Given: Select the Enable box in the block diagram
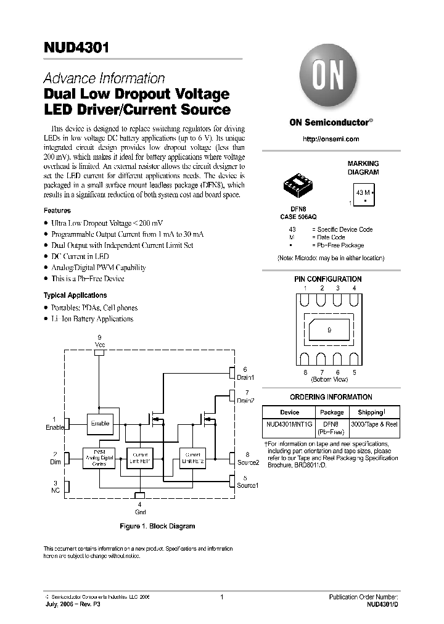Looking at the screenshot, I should [x=100, y=424].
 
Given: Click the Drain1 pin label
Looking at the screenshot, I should [x=245, y=377].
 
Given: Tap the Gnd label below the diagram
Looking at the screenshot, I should [x=140, y=511].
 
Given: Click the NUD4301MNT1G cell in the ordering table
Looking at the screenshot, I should [x=289, y=424].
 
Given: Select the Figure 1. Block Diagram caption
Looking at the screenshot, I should [x=157, y=526].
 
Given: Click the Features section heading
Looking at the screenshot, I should [x=57, y=210].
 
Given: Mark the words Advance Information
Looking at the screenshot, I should [x=104, y=78].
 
